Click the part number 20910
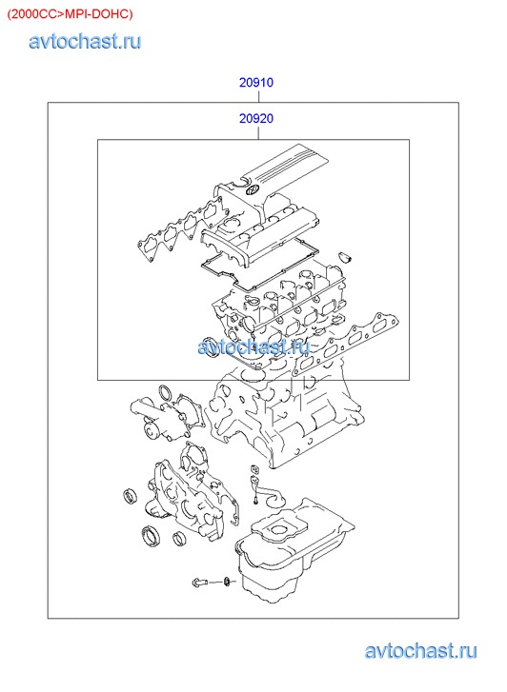pyautogui.click(x=256, y=83)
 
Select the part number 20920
pyautogui.click(x=256, y=118)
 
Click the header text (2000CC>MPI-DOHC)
pyautogui.click(x=70, y=14)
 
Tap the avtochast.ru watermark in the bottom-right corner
pyautogui.click(x=420, y=651)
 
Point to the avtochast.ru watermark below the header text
pyautogui.click(x=85, y=41)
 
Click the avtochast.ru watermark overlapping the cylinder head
pyautogui.click(x=253, y=346)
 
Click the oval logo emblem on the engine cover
pyautogui.click(x=252, y=191)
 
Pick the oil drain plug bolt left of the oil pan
pyautogui.click(x=199, y=583)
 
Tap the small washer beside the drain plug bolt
pyautogui.click(x=228, y=583)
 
